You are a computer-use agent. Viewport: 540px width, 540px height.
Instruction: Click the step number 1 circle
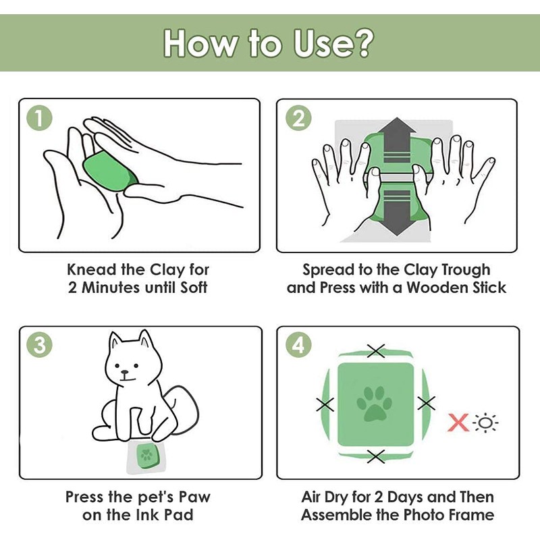pos(40,118)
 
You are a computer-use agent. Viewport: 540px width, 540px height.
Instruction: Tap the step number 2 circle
pos(298,118)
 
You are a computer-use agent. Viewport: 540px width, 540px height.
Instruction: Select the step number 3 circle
pos(40,345)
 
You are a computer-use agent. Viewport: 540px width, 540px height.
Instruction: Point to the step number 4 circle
pos(298,345)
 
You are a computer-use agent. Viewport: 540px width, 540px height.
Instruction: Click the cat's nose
pos(125,373)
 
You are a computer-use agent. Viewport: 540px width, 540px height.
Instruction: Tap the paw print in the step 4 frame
pos(374,404)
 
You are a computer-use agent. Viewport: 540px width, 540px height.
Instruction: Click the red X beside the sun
pos(458,423)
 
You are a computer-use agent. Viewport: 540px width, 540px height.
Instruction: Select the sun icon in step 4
pos(485,423)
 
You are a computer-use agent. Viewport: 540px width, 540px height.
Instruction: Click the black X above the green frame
pos(376,351)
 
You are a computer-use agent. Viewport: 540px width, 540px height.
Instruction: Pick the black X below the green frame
pos(376,457)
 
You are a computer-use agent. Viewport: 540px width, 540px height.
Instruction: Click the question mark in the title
pos(361,43)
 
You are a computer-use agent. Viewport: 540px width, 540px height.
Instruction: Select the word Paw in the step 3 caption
pos(194,497)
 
